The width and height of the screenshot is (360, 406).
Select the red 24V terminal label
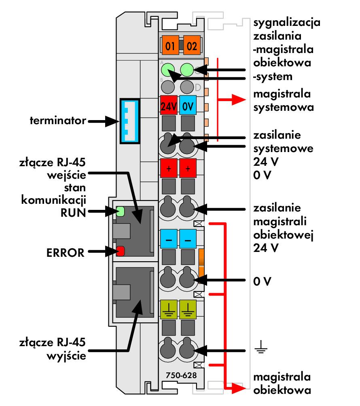coord(169,105)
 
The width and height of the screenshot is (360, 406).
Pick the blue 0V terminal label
coord(188,105)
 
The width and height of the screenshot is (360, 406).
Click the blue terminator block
coord(130,121)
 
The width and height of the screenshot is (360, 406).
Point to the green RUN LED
coord(121,211)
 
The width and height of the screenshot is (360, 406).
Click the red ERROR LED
coord(121,251)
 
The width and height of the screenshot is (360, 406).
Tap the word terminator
coord(58,121)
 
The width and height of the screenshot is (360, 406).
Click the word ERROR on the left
coord(65,253)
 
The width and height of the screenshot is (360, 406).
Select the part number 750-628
coord(181,375)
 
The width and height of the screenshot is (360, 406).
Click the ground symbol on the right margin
coord(261,347)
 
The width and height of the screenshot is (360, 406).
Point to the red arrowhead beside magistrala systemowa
coord(239,100)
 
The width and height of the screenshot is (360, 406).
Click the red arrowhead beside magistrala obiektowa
coord(239,388)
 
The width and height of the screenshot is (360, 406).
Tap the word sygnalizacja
coord(287,23)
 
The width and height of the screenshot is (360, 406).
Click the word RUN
coord(73,213)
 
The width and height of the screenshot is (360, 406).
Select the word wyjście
coord(66,356)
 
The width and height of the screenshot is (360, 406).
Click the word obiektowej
coord(283,235)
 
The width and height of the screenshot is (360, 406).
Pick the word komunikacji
coord(53,200)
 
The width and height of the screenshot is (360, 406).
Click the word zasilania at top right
coord(277,36)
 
